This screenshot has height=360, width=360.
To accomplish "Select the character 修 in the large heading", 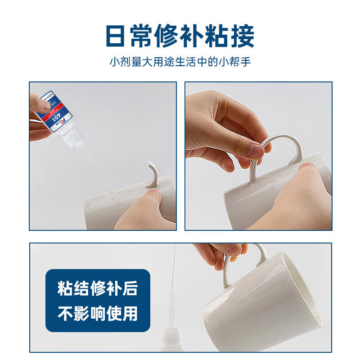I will pos(180,36).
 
